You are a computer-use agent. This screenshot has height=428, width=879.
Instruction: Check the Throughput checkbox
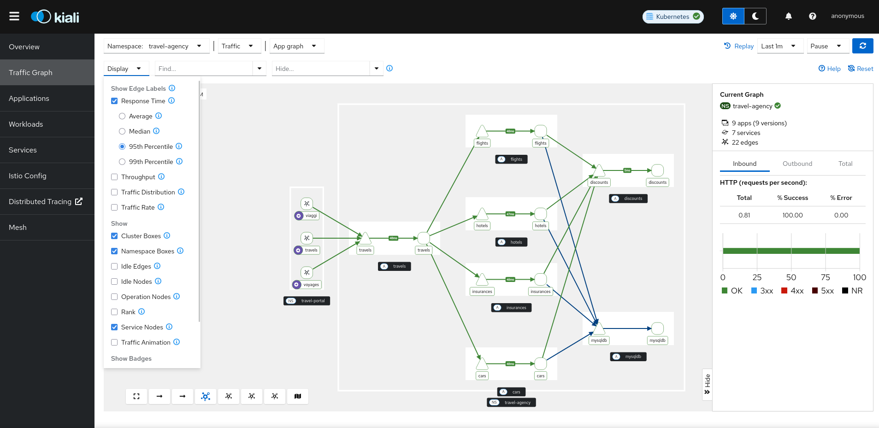coord(114,177)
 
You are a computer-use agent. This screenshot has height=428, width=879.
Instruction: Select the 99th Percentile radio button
coord(122,162)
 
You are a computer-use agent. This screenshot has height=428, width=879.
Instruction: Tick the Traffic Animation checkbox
coord(114,342)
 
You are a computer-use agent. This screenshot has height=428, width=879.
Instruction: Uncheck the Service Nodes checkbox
coord(114,327)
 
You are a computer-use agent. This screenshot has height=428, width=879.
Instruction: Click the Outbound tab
coord(797,164)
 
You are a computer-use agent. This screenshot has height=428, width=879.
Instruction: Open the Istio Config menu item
coord(28,176)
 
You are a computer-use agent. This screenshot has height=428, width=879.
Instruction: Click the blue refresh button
coord(862,46)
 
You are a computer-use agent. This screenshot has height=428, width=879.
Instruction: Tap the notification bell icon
coord(788,16)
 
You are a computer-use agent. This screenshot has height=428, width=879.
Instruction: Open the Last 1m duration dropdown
coord(779,46)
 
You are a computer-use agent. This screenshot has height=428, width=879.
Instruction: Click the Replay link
coord(739,46)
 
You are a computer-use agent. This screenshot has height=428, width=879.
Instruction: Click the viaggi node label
coord(311,216)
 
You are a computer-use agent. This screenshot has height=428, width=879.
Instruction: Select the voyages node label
coord(311,285)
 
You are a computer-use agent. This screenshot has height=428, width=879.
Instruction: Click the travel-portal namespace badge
coord(307,301)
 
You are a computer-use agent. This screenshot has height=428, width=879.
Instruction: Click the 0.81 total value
coord(744,215)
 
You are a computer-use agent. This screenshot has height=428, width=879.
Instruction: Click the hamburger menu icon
coord(14,16)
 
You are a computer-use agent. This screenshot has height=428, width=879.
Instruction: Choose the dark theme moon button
coord(755,16)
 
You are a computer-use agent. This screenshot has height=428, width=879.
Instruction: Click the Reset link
coord(861,69)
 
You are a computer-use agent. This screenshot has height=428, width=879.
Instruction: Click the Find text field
coord(204,69)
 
